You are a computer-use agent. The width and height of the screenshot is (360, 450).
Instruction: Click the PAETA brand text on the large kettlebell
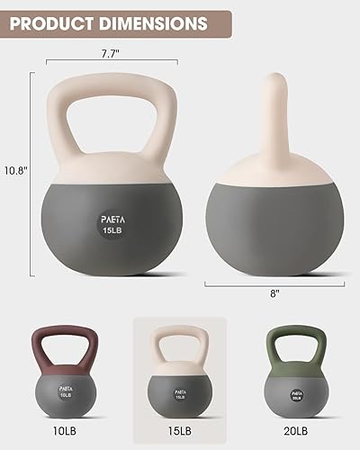[x=112, y=216]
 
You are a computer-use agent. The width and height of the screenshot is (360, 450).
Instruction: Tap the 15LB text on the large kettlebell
[x=112, y=230]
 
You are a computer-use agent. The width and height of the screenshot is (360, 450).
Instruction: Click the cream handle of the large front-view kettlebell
[x=112, y=86]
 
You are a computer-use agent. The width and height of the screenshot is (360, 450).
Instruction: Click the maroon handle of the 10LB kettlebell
[x=68, y=334]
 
